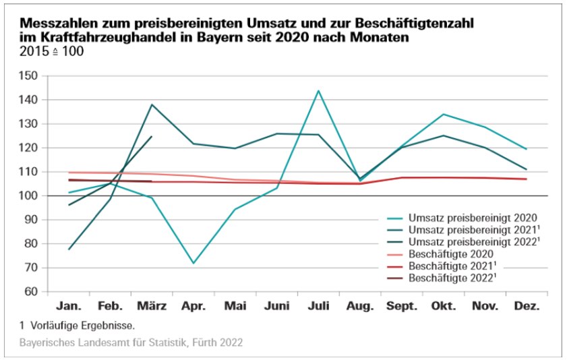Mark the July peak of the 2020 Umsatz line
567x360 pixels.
click(318, 90)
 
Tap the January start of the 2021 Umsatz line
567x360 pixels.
click(69, 249)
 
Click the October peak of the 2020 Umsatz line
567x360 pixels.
click(443, 114)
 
